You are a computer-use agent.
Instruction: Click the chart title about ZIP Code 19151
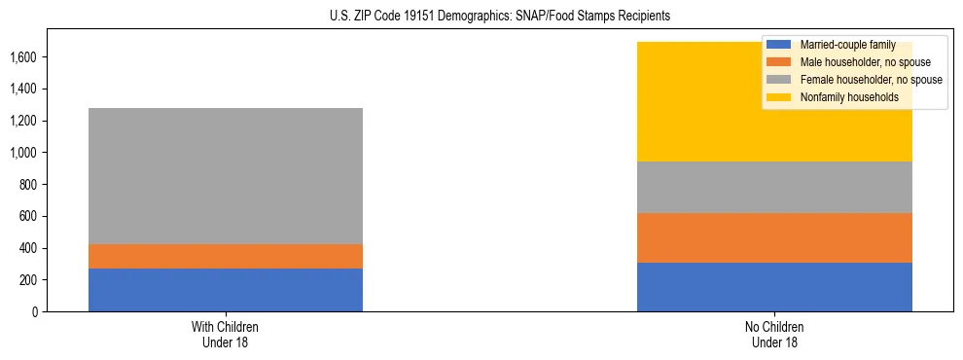482,17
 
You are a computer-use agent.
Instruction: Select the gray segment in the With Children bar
226,176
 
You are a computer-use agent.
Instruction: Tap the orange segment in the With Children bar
226,256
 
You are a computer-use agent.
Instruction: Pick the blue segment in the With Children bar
226,290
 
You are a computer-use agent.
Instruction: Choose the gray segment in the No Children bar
774,187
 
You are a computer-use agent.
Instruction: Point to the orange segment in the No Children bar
774,237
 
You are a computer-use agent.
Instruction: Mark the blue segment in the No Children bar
774,287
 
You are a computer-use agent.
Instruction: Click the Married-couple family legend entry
840,45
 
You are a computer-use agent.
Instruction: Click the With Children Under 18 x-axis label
226,335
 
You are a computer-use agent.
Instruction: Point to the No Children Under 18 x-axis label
774,335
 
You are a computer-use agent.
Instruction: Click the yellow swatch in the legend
779,97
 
